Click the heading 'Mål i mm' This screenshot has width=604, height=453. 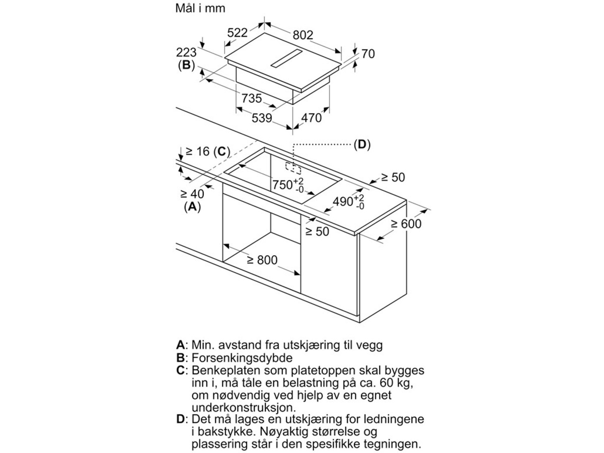[200, 9]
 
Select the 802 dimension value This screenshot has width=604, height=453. [303, 35]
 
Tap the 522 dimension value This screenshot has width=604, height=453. [237, 33]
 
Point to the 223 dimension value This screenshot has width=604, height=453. [186, 52]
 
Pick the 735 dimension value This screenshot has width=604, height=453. [251, 98]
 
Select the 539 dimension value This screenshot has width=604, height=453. [261, 118]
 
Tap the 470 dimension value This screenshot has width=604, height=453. [311, 118]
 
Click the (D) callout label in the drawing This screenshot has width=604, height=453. [361, 144]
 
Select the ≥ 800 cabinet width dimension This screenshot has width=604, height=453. [262, 260]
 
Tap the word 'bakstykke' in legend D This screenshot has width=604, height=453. [223, 432]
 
